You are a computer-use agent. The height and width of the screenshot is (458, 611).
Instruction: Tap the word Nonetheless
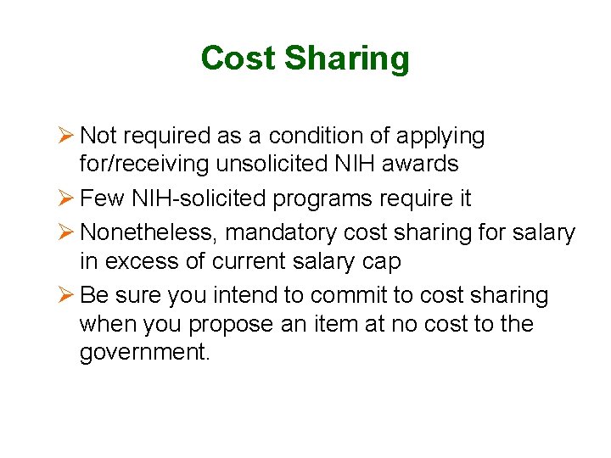tap(149, 232)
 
